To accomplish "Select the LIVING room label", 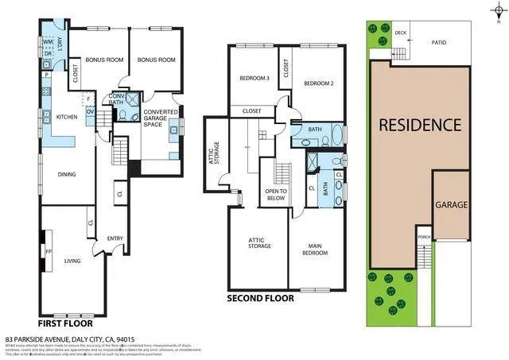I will [72, 259].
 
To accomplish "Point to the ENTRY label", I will [115, 238].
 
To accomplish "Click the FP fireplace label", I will [48, 252].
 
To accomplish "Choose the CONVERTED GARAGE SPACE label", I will [160, 118].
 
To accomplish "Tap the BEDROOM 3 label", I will [255, 78].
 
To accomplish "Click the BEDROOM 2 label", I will [317, 83].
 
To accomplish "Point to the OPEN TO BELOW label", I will [274, 195].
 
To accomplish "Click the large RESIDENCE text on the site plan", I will [419, 125].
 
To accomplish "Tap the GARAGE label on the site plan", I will [451, 204].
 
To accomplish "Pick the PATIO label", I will [439, 44].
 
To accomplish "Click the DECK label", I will [400, 33].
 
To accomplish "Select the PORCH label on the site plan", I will [424, 237].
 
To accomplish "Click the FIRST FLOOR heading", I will [65, 323].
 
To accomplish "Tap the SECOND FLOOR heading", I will [260, 299].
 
